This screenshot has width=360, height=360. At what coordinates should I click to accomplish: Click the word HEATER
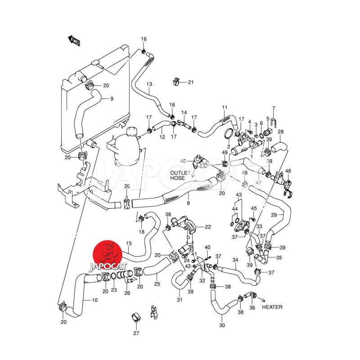(x=272, y=307)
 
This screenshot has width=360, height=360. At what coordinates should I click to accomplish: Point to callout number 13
(x=149, y=84)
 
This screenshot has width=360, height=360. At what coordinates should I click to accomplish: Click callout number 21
(x=190, y=82)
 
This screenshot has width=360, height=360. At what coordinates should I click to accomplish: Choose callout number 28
(x=280, y=131)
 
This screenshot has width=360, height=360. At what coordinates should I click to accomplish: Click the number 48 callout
(x=288, y=171)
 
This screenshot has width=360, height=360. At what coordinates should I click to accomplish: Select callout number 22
(x=207, y=227)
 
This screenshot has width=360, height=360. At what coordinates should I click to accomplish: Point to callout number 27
(x=136, y=333)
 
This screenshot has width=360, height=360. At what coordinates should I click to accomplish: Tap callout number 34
(x=235, y=260)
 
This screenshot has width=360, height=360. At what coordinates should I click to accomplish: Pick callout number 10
(x=94, y=300)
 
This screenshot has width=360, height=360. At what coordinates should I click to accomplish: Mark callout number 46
(x=183, y=161)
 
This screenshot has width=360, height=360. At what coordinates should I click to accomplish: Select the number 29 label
(x=274, y=215)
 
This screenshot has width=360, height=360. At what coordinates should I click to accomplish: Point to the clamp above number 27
(x=135, y=317)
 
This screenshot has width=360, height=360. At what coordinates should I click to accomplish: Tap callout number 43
(x=239, y=194)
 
